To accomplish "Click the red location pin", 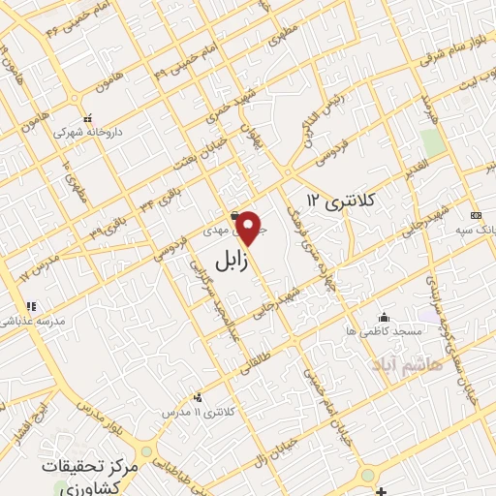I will [250, 229].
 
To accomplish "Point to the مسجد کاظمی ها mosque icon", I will [385, 317].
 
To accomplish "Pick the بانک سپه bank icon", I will [475, 215].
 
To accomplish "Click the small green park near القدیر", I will [433, 141].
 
